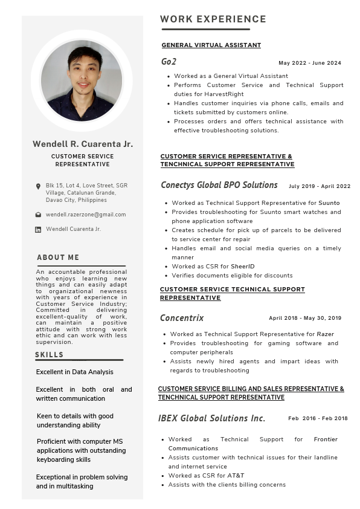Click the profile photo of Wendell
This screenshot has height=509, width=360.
[x=82, y=80]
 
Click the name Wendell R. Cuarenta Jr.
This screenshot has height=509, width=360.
[x=83, y=144]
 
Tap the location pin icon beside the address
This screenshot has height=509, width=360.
[x=38, y=186]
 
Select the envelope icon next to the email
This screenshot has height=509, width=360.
[x=38, y=215]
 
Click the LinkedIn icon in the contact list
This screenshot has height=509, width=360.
[x=38, y=230]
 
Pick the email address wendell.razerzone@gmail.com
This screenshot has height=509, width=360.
[x=86, y=215]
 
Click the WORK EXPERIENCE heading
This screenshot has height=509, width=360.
[x=213, y=19]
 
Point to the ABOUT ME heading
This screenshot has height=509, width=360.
[x=58, y=258]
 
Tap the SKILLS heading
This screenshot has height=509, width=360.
[x=49, y=355]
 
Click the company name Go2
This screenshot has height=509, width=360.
[x=169, y=62]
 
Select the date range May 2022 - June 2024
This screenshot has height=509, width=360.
[x=310, y=63]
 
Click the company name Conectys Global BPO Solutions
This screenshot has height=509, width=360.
[x=219, y=185]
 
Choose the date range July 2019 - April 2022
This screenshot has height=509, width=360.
[x=320, y=186]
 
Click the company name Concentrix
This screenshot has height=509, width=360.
[x=182, y=318]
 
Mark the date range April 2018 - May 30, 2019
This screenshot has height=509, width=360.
[x=305, y=318]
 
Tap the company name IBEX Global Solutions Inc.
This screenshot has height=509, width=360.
[x=211, y=418]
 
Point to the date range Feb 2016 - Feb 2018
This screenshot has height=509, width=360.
[x=318, y=418]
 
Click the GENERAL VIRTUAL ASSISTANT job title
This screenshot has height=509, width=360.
[x=211, y=45]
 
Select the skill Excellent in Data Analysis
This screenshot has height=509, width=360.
[x=74, y=372]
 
